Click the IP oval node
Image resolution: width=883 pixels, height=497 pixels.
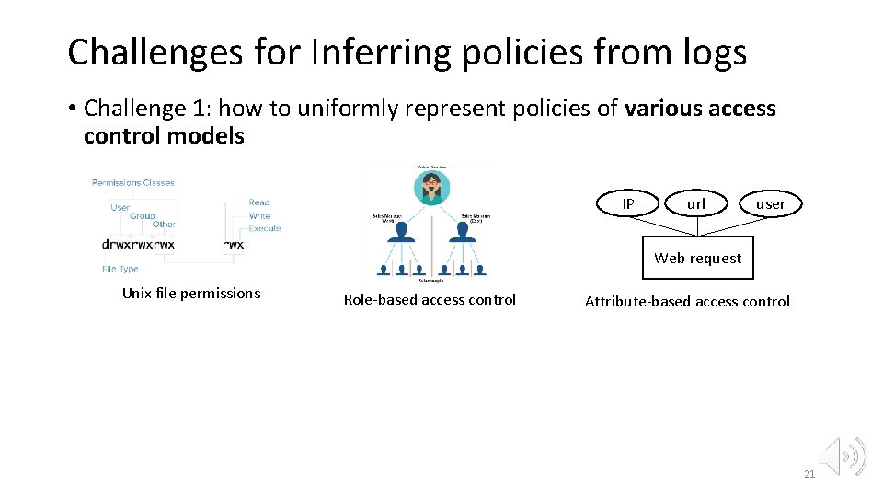tap(628, 203)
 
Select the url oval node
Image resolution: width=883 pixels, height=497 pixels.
tap(696, 203)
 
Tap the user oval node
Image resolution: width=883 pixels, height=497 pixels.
tap(770, 203)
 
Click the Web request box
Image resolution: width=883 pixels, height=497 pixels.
tap(697, 259)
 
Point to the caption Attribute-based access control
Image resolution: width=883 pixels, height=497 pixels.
tap(687, 301)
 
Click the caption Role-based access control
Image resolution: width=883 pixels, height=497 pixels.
tap(430, 299)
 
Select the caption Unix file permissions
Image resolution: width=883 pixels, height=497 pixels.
tap(191, 294)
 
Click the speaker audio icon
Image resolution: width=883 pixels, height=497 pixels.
tap(844, 455)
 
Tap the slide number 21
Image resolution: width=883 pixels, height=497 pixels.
tap(809, 474)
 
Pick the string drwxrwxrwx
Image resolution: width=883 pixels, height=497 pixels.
tap(138, 245)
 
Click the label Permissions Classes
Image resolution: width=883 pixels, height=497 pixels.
tap(133, 183)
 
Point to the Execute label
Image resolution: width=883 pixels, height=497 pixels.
tap(265, 228)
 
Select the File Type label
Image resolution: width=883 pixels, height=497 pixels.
tap(120, 269)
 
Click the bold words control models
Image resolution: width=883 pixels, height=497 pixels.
tap(164, 136)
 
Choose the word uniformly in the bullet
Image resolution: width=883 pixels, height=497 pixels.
tap(323, 109)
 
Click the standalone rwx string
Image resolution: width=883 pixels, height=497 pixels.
tap(234, 245)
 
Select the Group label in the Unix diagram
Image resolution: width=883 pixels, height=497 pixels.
tap(142, 215)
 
